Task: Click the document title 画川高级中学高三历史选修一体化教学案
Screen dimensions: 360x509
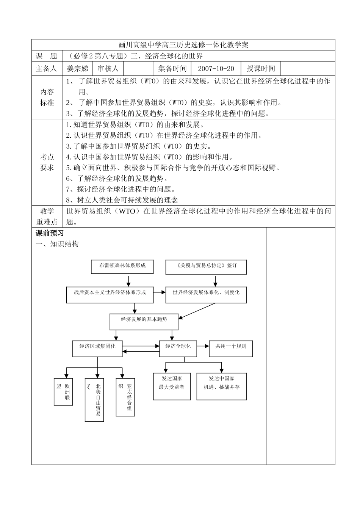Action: [x=183, y=45]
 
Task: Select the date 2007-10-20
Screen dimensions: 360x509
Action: [x=216, y=69]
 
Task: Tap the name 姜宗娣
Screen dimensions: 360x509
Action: [x=77, y=69]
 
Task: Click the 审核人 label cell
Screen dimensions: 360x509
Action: [x=108, y=69]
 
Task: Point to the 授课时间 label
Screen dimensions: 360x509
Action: [x=261, y=69]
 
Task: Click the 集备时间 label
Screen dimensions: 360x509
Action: [x=172, y=69]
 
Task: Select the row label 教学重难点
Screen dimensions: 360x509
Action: [x=47, y=217]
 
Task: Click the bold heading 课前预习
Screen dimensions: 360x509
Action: [x=50, y=233]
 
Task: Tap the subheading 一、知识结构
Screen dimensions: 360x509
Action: [x=57, y=244]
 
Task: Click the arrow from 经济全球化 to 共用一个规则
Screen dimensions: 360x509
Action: [x=203, y=346]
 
